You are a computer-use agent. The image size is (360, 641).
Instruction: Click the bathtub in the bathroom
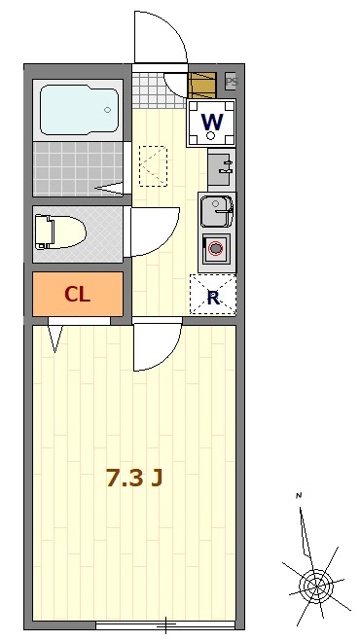tap(80, 110)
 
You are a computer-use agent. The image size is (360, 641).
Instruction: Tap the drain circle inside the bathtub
tap(108, 110)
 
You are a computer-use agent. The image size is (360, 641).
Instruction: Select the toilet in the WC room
tap(60, 232)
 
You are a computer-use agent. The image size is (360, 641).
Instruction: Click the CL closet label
tap(77, 294)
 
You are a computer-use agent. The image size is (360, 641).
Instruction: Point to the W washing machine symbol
tap(211, 123)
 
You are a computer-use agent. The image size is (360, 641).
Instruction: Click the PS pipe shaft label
tap(232, 82)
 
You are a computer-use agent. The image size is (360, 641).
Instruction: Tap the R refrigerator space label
tap(213, 298)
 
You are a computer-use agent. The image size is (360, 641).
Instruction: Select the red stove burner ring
tap(216, 248)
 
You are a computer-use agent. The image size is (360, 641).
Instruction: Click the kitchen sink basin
tap(217, 211)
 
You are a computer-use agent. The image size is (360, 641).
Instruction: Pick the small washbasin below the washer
tap(221, 167)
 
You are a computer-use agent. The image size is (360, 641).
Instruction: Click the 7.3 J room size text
tap(134, 478)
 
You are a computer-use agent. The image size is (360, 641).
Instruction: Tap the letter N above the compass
tap(299, 496)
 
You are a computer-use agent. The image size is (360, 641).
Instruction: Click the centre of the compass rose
tap(316, 587)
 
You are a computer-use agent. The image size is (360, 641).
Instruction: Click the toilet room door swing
tap(168, 241)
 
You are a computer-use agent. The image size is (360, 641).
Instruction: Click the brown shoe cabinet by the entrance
tap(202, 85)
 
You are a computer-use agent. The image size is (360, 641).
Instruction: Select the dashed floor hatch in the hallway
tap(153, 165)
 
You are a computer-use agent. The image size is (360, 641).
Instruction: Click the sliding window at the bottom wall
tap(165, 625)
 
